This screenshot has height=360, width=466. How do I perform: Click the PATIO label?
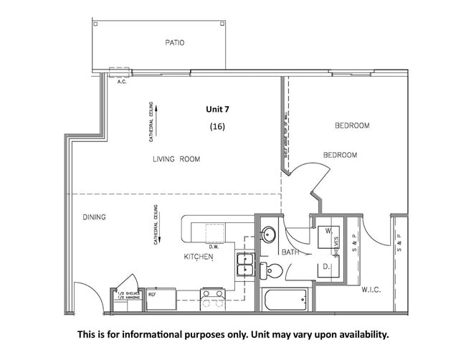(x=174, y=43)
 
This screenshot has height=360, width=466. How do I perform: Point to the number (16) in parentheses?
(x=217, y=126)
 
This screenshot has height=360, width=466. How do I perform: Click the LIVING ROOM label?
(x=176, y=159)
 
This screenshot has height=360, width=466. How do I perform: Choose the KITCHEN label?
(x=199, y=256)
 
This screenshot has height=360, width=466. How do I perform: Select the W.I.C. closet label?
(x=371, y=290)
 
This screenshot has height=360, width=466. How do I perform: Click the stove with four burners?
(x=214, y=298)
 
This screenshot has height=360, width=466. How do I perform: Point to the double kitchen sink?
(x=245, y=265)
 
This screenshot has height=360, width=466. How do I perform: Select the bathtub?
(x=285, y=299)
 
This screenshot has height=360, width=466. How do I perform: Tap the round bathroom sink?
(x=267, y=235)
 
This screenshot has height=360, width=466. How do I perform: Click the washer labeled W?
(x=326, y=233)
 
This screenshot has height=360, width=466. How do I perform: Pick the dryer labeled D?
(x=325, y=267)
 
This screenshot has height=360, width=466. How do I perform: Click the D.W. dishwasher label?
(x=214, y=248)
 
